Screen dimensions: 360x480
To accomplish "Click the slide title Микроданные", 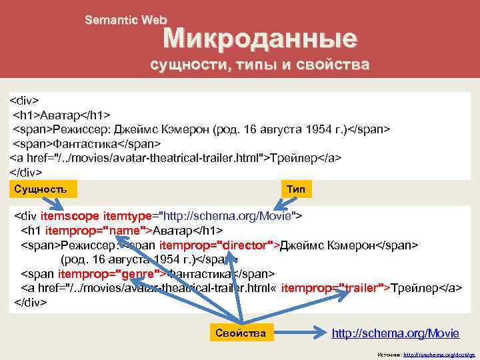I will pyautogui.click(x=261, y=39).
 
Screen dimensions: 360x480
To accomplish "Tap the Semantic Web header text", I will pyautogui.click(x=125, y=21).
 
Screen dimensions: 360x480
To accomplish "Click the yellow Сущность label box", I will pyautogui.click(x=41, y=189).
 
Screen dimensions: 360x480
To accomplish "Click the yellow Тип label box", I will pyautogui.click(x=295, y=189).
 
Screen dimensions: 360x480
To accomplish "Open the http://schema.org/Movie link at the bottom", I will pyautogui.click(x=395, y=333).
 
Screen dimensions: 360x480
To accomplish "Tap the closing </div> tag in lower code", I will pyautogui.click(x=31, y=302).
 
